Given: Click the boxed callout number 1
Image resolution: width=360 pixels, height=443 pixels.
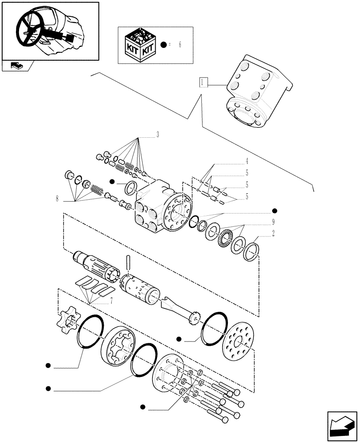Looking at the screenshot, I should click(203, 82).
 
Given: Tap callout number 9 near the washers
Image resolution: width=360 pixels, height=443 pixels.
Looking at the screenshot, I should click(274, 222).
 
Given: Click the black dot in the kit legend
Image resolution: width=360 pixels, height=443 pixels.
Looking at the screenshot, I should click(164, 45).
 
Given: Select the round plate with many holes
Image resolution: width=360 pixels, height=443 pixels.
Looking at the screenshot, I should click(238, 340).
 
